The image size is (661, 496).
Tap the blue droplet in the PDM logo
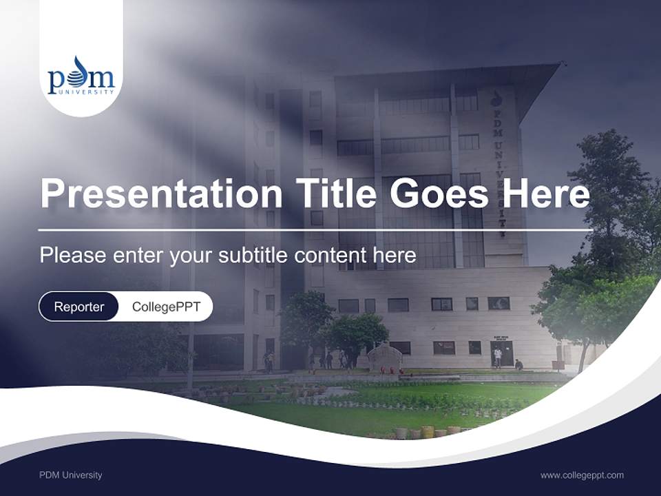81,66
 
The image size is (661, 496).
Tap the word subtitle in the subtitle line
254,256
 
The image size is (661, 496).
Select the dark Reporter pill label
78,307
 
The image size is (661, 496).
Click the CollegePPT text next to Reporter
166,307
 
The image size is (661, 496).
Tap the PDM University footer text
70,475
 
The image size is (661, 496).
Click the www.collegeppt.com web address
582,475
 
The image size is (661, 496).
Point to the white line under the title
315,229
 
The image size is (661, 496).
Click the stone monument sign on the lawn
384,358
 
